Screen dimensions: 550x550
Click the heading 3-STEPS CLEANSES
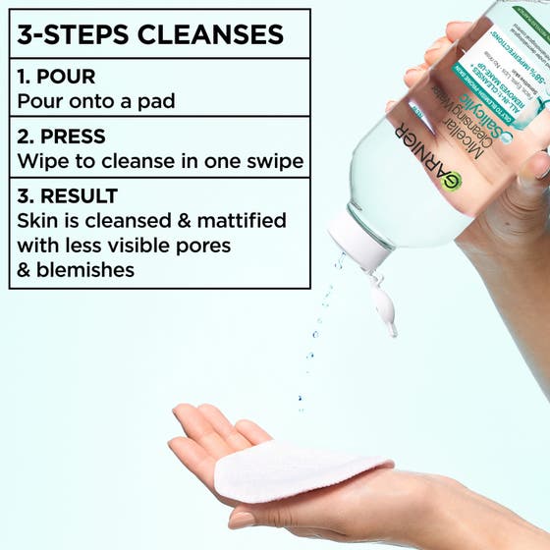151,33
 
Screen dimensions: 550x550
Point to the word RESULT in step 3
78,195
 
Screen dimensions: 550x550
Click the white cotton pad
295,471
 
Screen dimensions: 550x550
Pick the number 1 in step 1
22,75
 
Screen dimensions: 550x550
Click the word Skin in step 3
36,220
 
